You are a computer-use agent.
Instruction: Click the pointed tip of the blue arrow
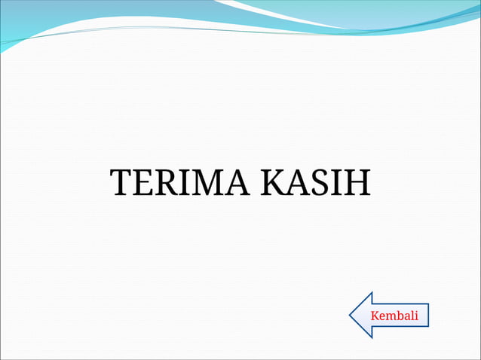coord(350,315)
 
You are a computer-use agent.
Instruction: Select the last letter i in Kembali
coord(416,315)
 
